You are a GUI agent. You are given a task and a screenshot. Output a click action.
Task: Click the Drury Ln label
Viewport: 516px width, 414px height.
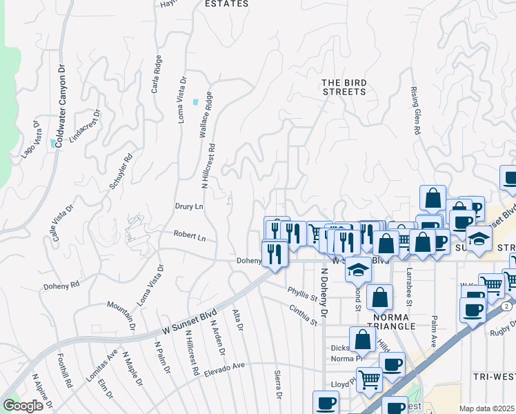pos(189,206)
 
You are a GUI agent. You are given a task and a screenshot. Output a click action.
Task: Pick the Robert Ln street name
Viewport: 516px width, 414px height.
pos(190,236)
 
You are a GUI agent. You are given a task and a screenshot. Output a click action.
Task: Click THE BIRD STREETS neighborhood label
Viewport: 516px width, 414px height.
pos(344,87)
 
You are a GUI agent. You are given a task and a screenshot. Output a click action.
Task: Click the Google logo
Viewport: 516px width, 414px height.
pos(22,406)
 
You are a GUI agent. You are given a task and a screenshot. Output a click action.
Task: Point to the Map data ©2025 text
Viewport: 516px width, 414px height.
pos(487,408)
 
